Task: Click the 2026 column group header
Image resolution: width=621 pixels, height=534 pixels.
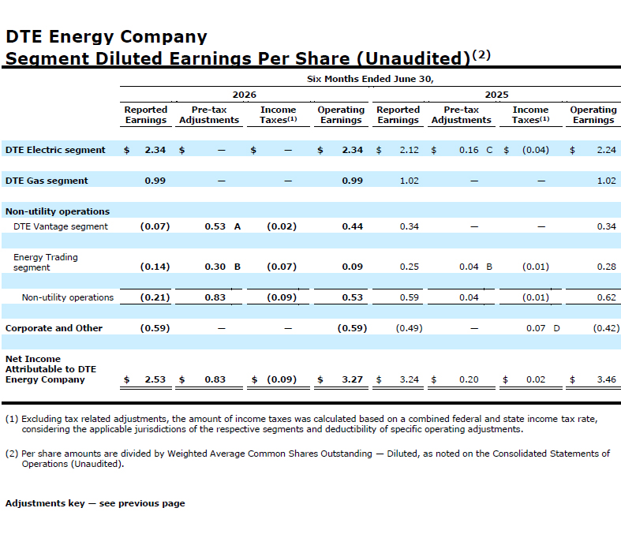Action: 245,95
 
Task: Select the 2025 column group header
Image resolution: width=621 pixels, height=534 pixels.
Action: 496,95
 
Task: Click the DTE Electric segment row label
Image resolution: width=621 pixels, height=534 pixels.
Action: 55,150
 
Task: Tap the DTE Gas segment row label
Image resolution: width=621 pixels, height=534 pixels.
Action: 47,181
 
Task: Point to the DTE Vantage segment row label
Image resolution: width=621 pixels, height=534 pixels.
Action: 61,226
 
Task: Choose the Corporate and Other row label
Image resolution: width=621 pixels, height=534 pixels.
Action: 54,328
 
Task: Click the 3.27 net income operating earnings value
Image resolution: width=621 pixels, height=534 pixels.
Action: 353,379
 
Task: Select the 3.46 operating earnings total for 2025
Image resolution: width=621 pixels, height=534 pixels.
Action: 606,379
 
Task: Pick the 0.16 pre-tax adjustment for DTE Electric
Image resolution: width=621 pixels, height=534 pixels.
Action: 469,150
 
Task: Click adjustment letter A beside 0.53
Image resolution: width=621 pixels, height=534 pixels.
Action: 238,226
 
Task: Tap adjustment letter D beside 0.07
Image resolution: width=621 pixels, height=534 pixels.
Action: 556,328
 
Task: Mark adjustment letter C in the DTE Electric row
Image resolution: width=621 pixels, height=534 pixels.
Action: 489,150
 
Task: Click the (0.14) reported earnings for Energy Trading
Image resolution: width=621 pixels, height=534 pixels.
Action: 155,267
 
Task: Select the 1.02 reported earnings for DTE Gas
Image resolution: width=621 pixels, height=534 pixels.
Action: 409,181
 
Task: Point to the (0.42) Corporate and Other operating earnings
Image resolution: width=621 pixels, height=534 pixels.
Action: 606,328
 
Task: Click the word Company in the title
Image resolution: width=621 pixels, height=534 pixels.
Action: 163,37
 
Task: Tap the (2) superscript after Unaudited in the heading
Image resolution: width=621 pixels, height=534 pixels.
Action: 481,54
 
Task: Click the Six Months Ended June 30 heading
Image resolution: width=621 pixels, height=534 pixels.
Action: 370,79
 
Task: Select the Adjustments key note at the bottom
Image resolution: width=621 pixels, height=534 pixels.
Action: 95,503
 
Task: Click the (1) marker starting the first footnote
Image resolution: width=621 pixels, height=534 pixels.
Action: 12,419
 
